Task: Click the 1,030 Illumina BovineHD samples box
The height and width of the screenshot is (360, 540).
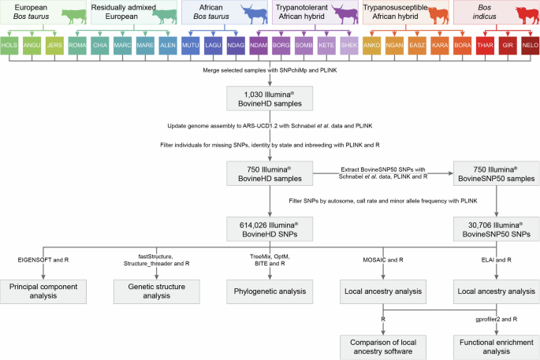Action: click(x=270, y=98)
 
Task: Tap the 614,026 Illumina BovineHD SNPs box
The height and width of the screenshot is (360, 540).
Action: click(x=270, y=229)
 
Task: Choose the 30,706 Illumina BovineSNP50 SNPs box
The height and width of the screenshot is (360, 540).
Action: click(x=494, y=229)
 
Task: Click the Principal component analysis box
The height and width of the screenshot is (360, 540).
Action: click(x=44, y=291)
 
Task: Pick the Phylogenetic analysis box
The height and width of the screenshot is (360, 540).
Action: click(x=270, y=291)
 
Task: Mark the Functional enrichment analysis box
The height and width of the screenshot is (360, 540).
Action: click(x=494, y=344)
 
